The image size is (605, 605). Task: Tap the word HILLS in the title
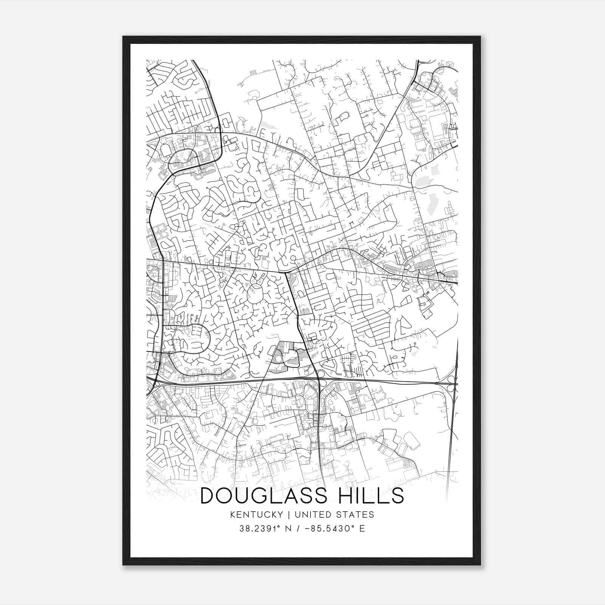[370, 496]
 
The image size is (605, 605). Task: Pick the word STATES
[355, 515]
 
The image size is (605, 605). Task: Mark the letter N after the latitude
[289, 529]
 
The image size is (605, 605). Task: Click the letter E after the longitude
[362, 529]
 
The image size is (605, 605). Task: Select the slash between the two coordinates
[299, 529]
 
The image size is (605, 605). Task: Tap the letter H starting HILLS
[343, 496]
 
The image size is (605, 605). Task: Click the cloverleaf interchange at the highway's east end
[450, 383]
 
